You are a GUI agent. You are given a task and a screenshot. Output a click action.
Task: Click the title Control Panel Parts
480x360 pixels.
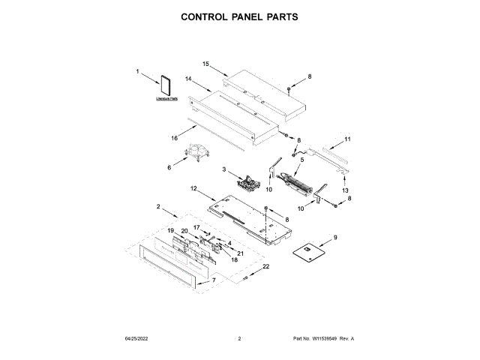[239, 15]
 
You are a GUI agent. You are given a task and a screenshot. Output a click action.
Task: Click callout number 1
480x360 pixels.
[138, 72]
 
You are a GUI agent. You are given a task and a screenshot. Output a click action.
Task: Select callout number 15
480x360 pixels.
[205, 65]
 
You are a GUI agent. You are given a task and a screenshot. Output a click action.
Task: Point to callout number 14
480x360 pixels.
[189, 79]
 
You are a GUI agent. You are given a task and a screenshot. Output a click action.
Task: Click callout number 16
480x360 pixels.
[174, 138]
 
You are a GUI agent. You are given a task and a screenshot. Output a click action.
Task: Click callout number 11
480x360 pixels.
[347, 139]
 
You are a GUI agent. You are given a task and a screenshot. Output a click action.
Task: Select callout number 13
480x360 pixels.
[346, 190]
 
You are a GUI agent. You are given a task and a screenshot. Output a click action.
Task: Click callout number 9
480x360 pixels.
[334, 238]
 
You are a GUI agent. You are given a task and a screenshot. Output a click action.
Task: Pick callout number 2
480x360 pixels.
[158, 205]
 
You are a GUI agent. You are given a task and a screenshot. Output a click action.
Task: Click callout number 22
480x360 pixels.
[265, 267]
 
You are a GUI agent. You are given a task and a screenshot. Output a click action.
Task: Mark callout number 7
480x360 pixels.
[214, 280]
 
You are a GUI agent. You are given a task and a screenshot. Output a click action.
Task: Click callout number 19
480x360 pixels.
[170, 230]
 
